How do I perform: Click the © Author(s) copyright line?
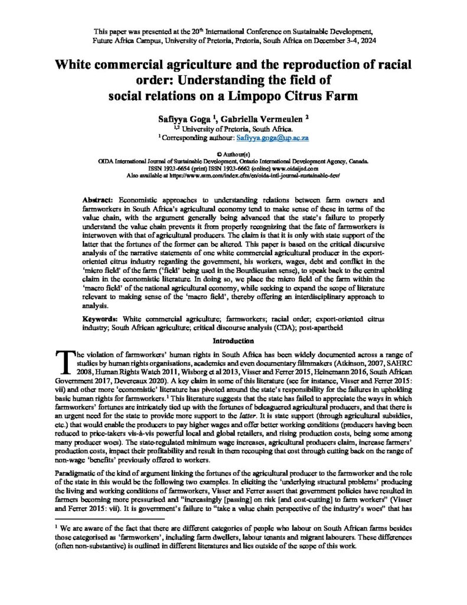coord(233,152)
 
